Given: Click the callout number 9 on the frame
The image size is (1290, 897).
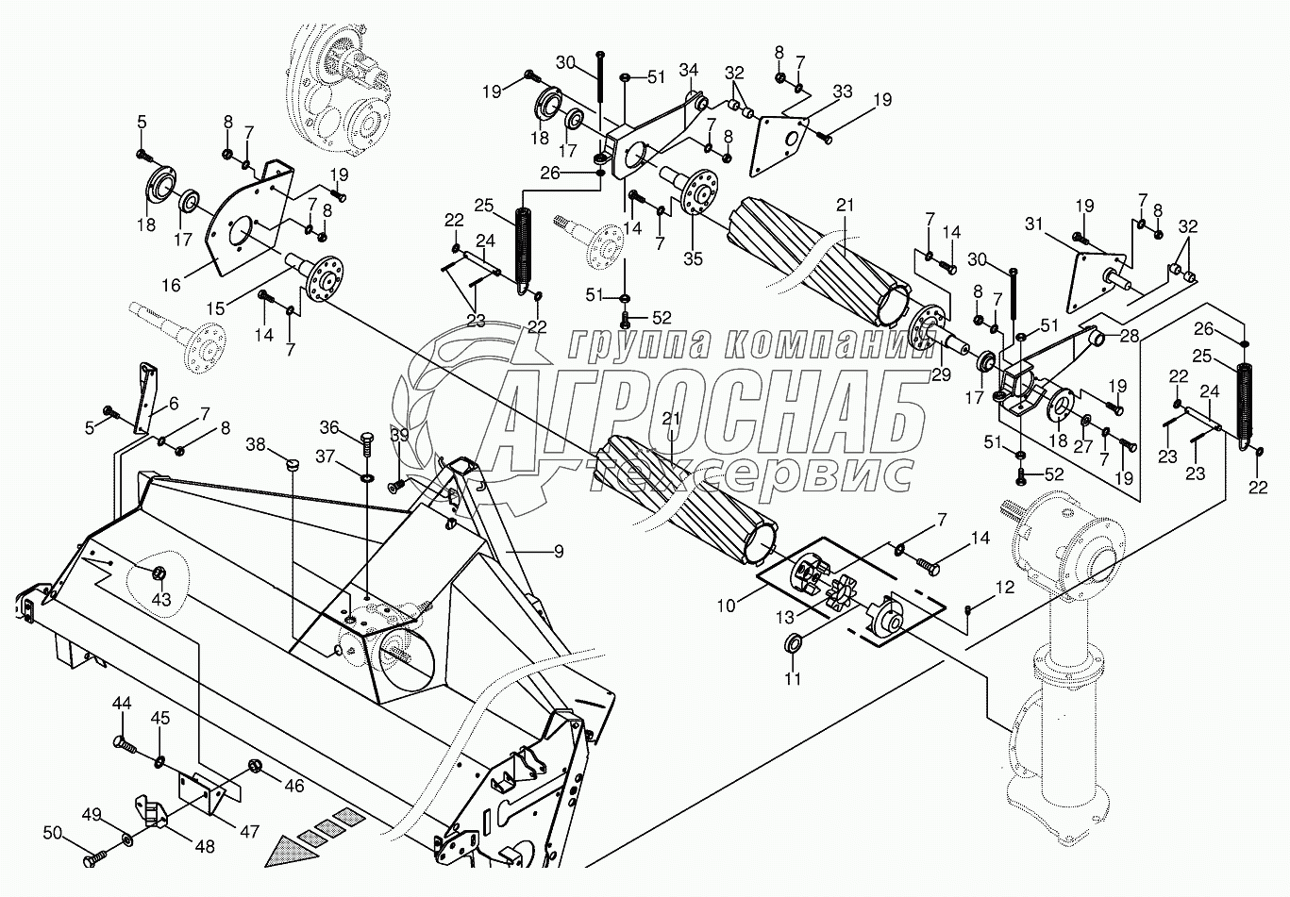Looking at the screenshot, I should (559, 551).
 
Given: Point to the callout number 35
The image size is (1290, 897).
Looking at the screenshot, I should (693, 258).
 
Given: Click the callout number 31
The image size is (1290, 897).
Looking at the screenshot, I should (1035, 224).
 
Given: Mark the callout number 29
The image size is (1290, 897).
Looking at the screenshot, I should (939, 374).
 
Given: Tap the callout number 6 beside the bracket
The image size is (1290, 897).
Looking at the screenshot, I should (174, 403).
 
